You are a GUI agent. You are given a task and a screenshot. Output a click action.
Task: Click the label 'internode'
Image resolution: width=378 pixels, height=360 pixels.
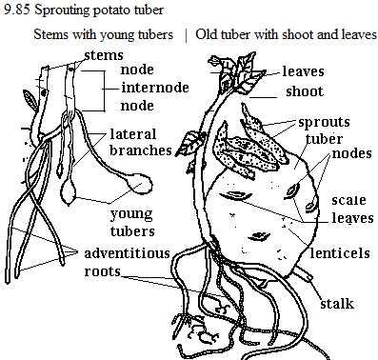point(155,88)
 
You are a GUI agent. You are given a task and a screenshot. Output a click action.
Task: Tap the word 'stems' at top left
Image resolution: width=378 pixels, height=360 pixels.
point(104,55)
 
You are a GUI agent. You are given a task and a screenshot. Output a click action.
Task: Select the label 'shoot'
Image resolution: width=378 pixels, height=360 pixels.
point(305,91)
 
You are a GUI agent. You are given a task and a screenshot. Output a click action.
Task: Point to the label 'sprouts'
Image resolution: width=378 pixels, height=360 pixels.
point(324,122)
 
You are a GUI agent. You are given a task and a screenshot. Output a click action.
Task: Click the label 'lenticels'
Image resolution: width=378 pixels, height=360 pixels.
point(340,253)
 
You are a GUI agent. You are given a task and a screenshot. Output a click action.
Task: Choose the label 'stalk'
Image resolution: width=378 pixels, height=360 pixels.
point(337,304)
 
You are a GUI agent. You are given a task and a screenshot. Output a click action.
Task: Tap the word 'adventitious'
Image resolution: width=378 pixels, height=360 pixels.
point(128,253)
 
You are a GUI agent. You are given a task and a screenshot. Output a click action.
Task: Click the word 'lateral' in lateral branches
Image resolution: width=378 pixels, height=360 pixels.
point(133,134)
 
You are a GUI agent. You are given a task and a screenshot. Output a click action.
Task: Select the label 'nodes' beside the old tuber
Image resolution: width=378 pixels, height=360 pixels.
point(351,153)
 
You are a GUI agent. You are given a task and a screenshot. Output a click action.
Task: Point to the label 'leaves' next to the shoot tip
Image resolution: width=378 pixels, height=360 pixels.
point(303,71)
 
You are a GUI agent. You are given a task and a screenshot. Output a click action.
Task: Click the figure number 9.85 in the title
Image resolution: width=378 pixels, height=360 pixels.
point(17,10)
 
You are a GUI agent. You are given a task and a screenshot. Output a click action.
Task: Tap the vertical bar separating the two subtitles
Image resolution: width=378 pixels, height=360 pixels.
point(186,35)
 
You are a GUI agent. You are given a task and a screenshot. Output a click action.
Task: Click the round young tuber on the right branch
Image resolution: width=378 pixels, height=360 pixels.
point(140,185)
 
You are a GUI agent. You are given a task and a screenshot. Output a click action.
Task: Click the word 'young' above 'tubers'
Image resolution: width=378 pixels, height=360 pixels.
point(131,215)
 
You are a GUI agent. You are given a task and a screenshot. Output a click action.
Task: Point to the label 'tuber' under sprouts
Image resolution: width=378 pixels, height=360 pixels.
point(324,139)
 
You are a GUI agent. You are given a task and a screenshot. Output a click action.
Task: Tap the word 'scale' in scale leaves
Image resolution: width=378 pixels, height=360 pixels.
point(348,200)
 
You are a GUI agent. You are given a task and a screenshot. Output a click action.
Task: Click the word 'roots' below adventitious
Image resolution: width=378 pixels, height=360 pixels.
point(102,271)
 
